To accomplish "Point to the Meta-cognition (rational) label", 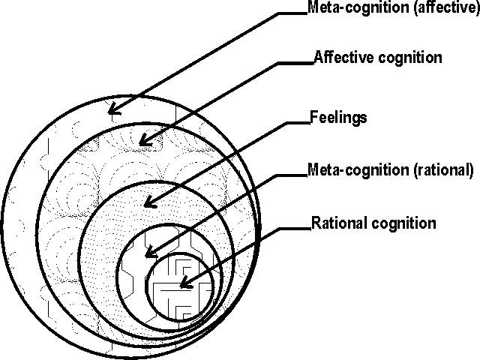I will pyautogui.click(x=390, y=170).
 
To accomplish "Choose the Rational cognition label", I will pyautogui.click(x=373, y=223).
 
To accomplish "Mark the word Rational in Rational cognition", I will pyautogui.click(x=333, y=223).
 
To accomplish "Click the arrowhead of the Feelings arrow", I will pyautogui.click(x=148, y=203).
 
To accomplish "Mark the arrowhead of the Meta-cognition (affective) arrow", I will pyautogui.click(x=112, y=112).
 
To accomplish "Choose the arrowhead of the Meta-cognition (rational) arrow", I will pyautogui.click(x=149, y=253).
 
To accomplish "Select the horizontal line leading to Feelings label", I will pyautogui.click(x=296, y=122).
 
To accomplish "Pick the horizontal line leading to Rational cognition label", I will pyautogui.click(x=296, y=229).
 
